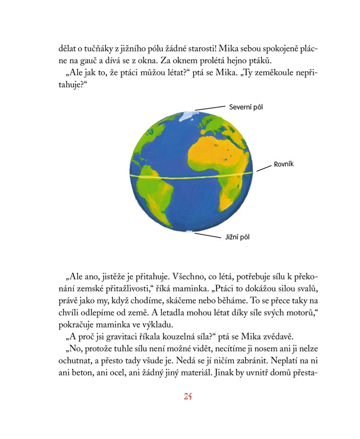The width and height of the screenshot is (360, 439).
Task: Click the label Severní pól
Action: coord(246,106)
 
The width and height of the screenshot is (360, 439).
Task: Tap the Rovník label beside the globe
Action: coord(284,164)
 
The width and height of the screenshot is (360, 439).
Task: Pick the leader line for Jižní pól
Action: coord(208,235)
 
